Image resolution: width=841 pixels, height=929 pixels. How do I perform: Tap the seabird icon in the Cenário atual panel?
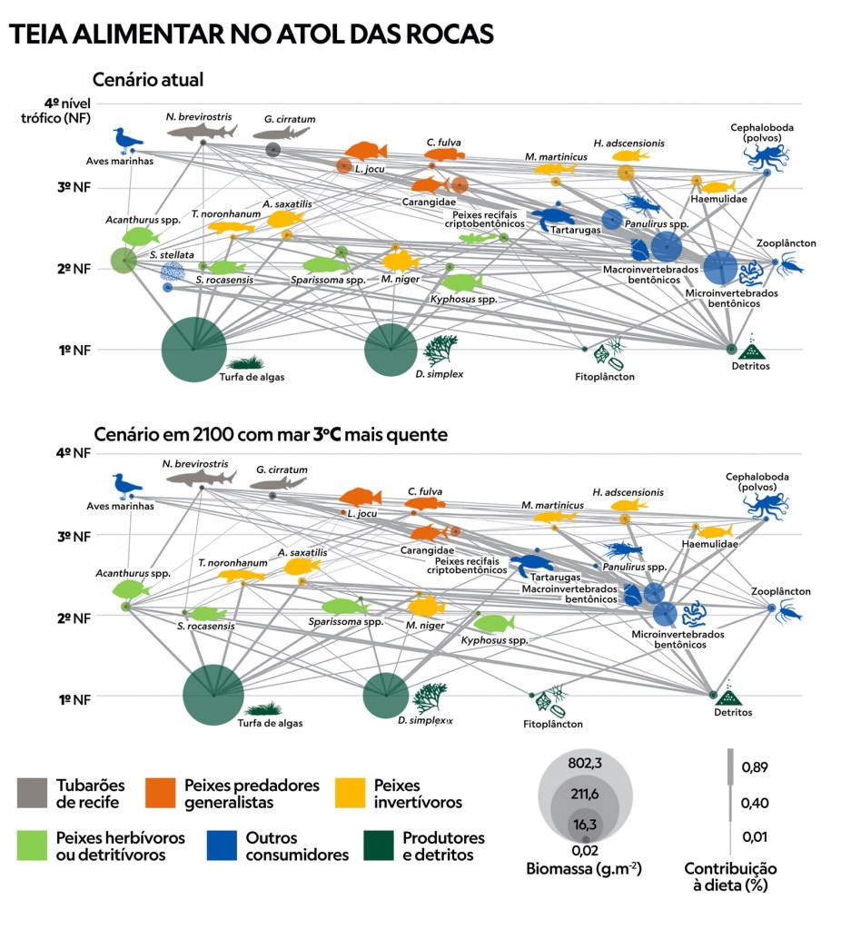pos(126,141)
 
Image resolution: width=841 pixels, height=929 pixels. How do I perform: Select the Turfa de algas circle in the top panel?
pos(193,350)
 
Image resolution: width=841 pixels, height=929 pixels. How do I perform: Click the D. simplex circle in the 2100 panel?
pos(386,697)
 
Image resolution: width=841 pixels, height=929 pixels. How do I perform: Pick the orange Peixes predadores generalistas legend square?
pos(162,794)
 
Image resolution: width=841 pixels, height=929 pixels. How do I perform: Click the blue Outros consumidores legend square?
pos(223,845)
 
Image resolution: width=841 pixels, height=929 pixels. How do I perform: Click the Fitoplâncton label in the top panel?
pos(605,376)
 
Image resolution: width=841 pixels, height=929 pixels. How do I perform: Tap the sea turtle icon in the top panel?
pos(552,218)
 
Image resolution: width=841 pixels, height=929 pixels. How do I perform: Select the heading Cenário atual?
pos(148,80)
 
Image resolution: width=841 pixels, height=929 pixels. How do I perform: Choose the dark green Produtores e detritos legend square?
pos(380,845)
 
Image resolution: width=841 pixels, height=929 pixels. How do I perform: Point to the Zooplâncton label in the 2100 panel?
pos(780,591)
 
